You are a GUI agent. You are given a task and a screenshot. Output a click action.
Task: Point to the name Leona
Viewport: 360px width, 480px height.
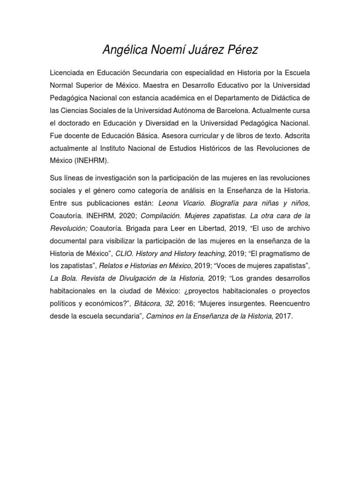click(x=169, y=204)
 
